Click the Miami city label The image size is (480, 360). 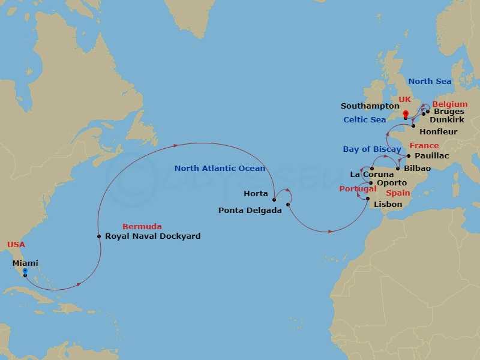pos(25,263)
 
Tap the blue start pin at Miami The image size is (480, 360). pos(25,272)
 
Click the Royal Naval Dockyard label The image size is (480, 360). pos(152,236)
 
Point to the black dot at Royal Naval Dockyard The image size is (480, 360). pos(99,236)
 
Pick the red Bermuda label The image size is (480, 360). pos(142,226)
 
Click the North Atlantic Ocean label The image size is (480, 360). pos(220,169)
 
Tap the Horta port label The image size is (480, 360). pos(256,194)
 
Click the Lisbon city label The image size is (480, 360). pos(388,205)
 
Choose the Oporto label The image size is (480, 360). pos(391,183)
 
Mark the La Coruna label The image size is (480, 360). pos(372,175)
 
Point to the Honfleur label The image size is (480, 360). pos(439,132)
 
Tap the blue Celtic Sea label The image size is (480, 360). pos(365,120)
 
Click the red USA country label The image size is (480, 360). pos(16,244)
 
